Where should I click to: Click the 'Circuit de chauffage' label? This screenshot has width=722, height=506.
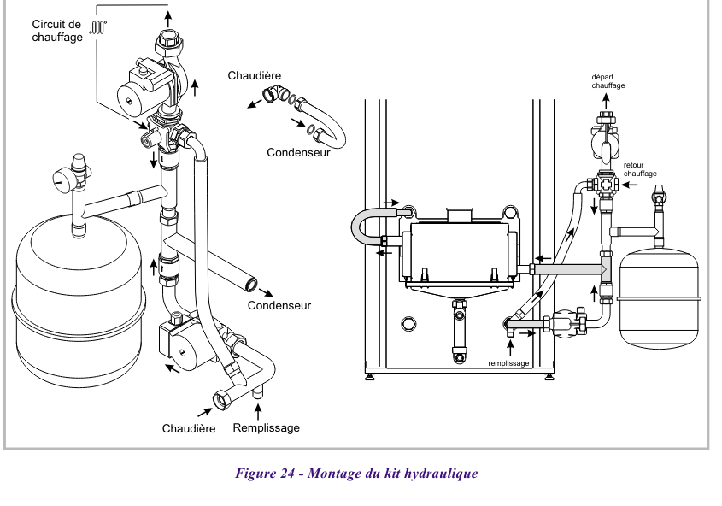click(x=57, y=31)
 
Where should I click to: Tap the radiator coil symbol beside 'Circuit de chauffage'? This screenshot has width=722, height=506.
click(x=99, y=26)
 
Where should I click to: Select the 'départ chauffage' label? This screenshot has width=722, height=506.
click(x=608, y=81)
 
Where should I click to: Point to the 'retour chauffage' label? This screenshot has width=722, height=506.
click(x=640, y=169)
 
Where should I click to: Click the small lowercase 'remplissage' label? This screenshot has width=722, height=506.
click(x=510, y=362)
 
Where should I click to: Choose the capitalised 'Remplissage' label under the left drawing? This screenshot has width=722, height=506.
click(x=267, y=427)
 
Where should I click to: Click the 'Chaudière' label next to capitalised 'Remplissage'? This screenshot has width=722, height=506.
click(x=189, y=428)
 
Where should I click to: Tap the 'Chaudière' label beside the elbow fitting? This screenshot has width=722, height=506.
click(x=254, y=75)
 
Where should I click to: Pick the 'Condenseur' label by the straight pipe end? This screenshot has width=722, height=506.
click(x=279, y=305)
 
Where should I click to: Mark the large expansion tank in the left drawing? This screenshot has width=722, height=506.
click(x=77, y=299)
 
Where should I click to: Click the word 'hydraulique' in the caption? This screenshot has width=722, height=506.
click(x=441, y=474)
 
